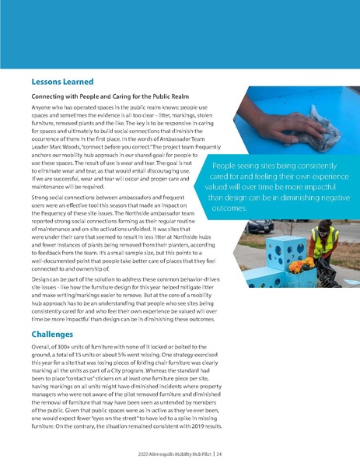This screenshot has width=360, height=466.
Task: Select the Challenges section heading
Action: pos(57,334)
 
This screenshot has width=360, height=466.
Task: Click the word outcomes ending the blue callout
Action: pos(232,209)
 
